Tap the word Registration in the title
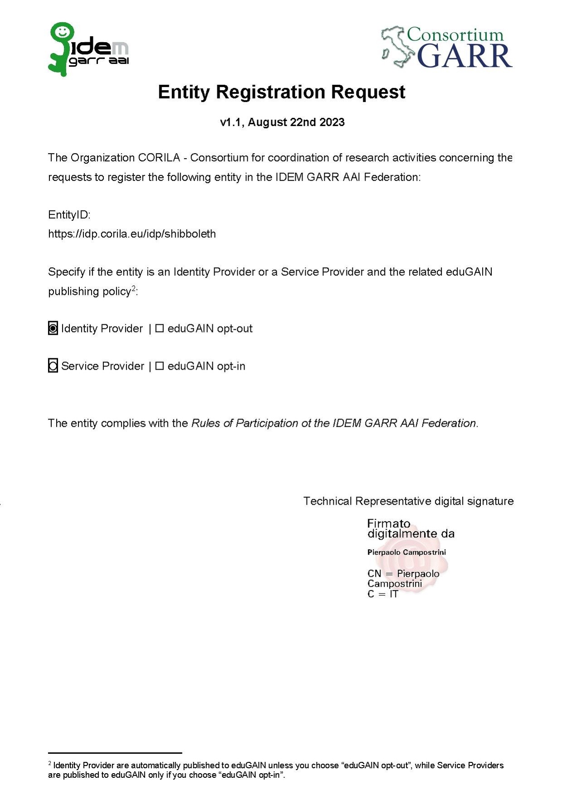pyautogui.click(x=270, y=92)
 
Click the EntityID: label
pyautogui.click(x=69, y=215)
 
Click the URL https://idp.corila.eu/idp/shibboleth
pyautogui.click(x=132, y=234)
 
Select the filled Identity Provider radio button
pyautogui.click(x=53, y=328)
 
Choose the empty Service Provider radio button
pyautogui.click(x=53, y=366)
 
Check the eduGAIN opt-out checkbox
pyautogui.click(x=159, y=328)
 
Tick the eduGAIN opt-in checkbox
pyautogui.click(x=159, y=366)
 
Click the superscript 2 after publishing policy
pyautogui.click(x=134, y=288)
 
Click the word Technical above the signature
pyautogui.click(x=327, y=501)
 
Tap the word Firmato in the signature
pyautogui.click(x=388, y=523)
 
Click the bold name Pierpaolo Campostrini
pyautogui.click(x=406, y=552)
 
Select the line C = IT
pyautogui.click(x=383, y=594)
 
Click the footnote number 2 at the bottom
pyautogui.click(x=50, y=763)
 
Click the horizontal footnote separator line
pyautogui.click(x=115, y=753)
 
